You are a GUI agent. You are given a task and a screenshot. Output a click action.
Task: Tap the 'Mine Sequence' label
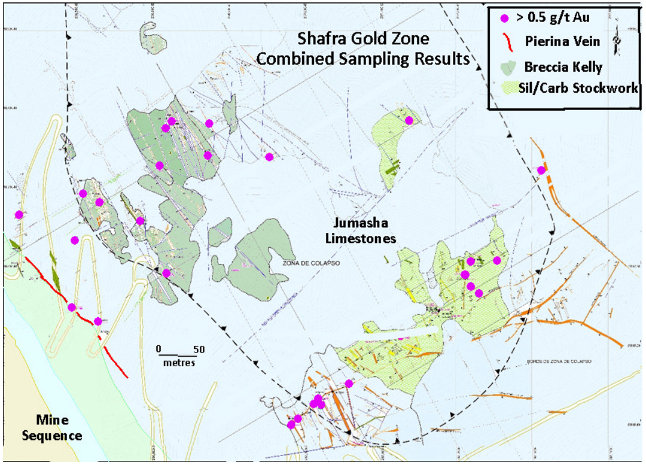[52, 427]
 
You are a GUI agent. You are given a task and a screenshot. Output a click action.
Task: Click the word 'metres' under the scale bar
[179, 363]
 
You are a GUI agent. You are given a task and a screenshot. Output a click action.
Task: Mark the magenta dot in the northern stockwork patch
[409, 120]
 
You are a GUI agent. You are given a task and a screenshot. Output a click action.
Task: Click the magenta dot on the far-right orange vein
[541, 170]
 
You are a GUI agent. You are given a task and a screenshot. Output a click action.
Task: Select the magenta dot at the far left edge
[19, 214]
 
